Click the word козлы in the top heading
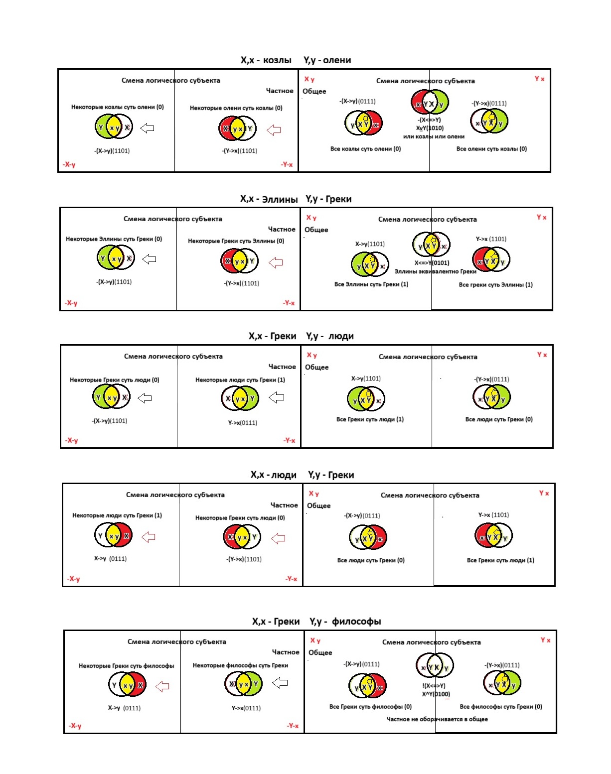tap(277, 60)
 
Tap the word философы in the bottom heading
tap(356, 622)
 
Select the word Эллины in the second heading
tap(280, 199)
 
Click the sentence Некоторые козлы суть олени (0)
tap(117, 107)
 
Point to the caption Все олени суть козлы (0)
tap(491, 149)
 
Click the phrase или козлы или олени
tap(434, 136)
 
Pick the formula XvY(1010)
tap(430, 128)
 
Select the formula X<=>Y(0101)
tap(432, 263)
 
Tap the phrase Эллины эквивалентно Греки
tap(435, 271)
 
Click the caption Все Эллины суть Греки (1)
tap(371, 284)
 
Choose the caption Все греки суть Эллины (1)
tap(495, 285)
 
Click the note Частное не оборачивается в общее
tap(437, 719)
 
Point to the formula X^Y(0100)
tap(436, 694)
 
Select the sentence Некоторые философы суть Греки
tap(240, 665)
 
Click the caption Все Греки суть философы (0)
tap(370, 707)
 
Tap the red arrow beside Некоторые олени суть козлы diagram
tap(274, 130)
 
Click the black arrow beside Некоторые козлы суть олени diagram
tap(147, 129)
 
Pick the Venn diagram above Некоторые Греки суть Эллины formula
tap(239, 261)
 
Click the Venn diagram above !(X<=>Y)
tap(435, 667)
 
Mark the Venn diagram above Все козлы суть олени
tap(363, 123)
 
